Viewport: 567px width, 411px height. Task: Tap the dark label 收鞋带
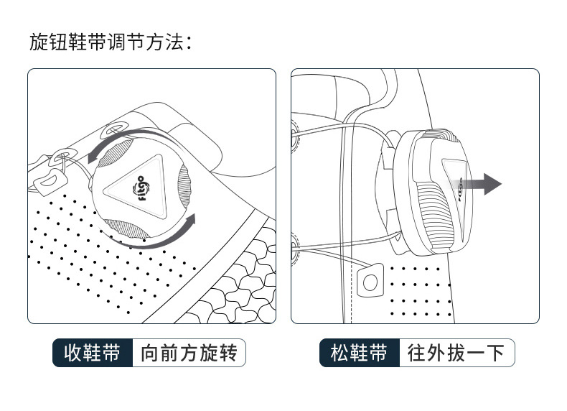[x=92, y=353]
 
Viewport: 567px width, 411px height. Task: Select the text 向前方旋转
[x=189, y=353]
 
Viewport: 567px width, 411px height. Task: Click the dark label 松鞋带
[x=359, y=353]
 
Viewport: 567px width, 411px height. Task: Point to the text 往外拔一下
[x=456, y=353]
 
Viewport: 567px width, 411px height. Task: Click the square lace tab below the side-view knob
[x=370, y=281]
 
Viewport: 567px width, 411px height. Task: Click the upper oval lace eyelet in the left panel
[x=114, y=131]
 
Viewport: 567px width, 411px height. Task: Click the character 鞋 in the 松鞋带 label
[x=359, y=353]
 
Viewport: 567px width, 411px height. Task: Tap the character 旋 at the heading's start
[x=39, y=42]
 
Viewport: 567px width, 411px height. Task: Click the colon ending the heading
[x=189, y=43]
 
